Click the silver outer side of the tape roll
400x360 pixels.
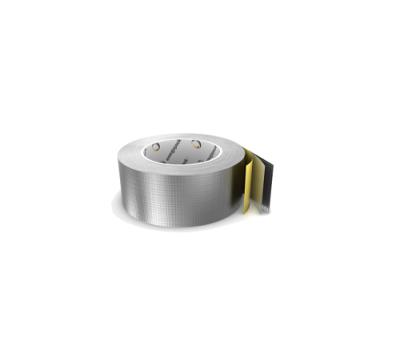pos(176,192)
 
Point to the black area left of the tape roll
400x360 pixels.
pos(56,180)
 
